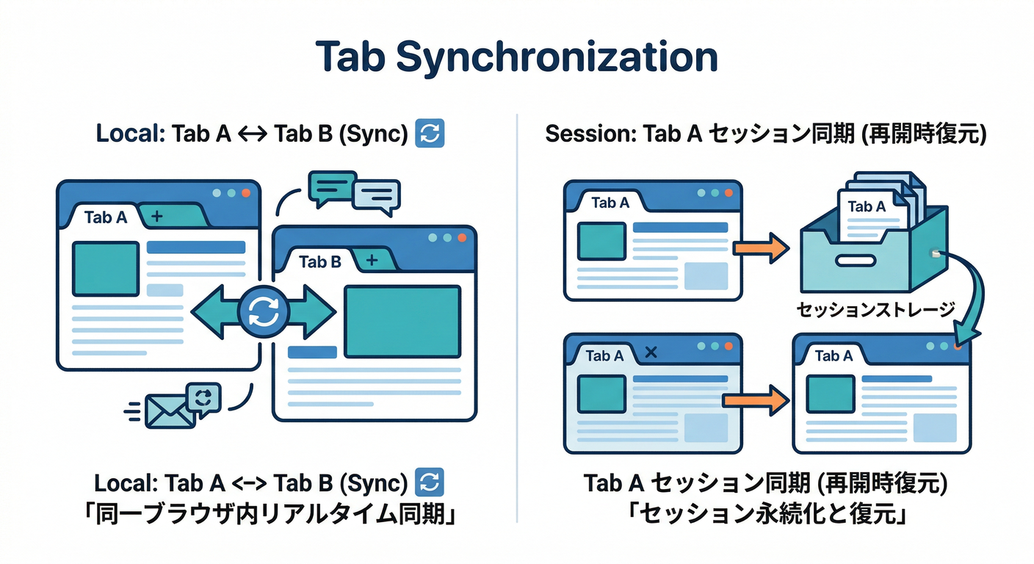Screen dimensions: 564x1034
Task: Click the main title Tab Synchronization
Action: pyautogui.click(x=516, y=58)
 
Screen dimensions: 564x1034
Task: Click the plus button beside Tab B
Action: pyautogui.click(x=371, y=260)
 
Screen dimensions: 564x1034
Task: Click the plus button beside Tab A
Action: pyautogui.click(x=156, y=216)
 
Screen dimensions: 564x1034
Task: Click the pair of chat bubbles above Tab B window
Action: pyautogui.click(x=355, y=192)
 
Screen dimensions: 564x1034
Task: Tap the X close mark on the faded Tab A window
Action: pyautogui.click(x=650, y=354)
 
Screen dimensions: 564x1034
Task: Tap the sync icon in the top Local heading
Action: pyautogui.click(x=430, y=134)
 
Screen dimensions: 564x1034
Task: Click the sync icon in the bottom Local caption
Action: pyautogui.click(x=430, y=482)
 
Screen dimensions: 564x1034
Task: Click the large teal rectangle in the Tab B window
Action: pyautogui.click(x=402, y=322)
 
